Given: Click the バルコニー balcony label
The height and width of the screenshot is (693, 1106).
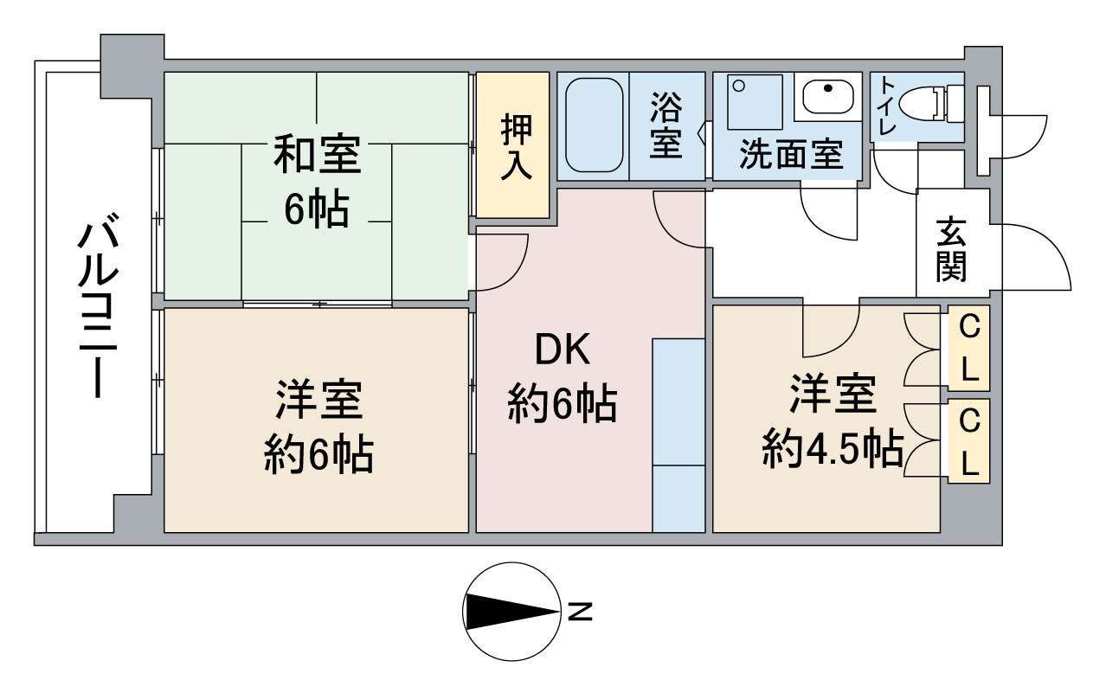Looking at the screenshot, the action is (x=99, y=305).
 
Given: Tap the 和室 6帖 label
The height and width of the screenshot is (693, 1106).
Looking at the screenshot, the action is (x=317, y=181).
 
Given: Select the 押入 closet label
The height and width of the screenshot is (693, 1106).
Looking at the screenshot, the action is (x=517, y=146).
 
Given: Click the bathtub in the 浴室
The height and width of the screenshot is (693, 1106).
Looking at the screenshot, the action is (x=594, y=125).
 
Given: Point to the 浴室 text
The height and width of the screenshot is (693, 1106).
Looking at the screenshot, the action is (x=666, y=125).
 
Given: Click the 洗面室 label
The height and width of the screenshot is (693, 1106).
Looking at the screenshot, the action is (x=791, y=155).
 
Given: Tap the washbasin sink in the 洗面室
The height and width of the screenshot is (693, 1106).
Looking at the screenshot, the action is (x=828, y=96).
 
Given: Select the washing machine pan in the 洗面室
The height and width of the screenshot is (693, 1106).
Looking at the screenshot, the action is (x=755, y=102).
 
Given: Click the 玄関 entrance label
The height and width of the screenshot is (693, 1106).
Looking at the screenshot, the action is (x=951, y=249).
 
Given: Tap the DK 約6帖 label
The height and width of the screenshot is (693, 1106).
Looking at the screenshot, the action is (x=563, y=376).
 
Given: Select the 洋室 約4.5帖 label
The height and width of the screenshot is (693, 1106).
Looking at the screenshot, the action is (x=833, y=421).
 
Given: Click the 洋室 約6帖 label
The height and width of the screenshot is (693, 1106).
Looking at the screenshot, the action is (x=318, y=426).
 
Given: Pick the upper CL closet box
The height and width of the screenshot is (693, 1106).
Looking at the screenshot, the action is (x=968, y=348).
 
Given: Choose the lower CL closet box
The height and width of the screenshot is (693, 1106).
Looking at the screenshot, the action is (x=968, y=440).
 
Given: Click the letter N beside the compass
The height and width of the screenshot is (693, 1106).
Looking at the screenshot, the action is (x=580, y=612).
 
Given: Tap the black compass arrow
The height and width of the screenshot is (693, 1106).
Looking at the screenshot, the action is (x=512, y=612).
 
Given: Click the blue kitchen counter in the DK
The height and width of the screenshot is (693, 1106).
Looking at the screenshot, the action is (x=678, y=435).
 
